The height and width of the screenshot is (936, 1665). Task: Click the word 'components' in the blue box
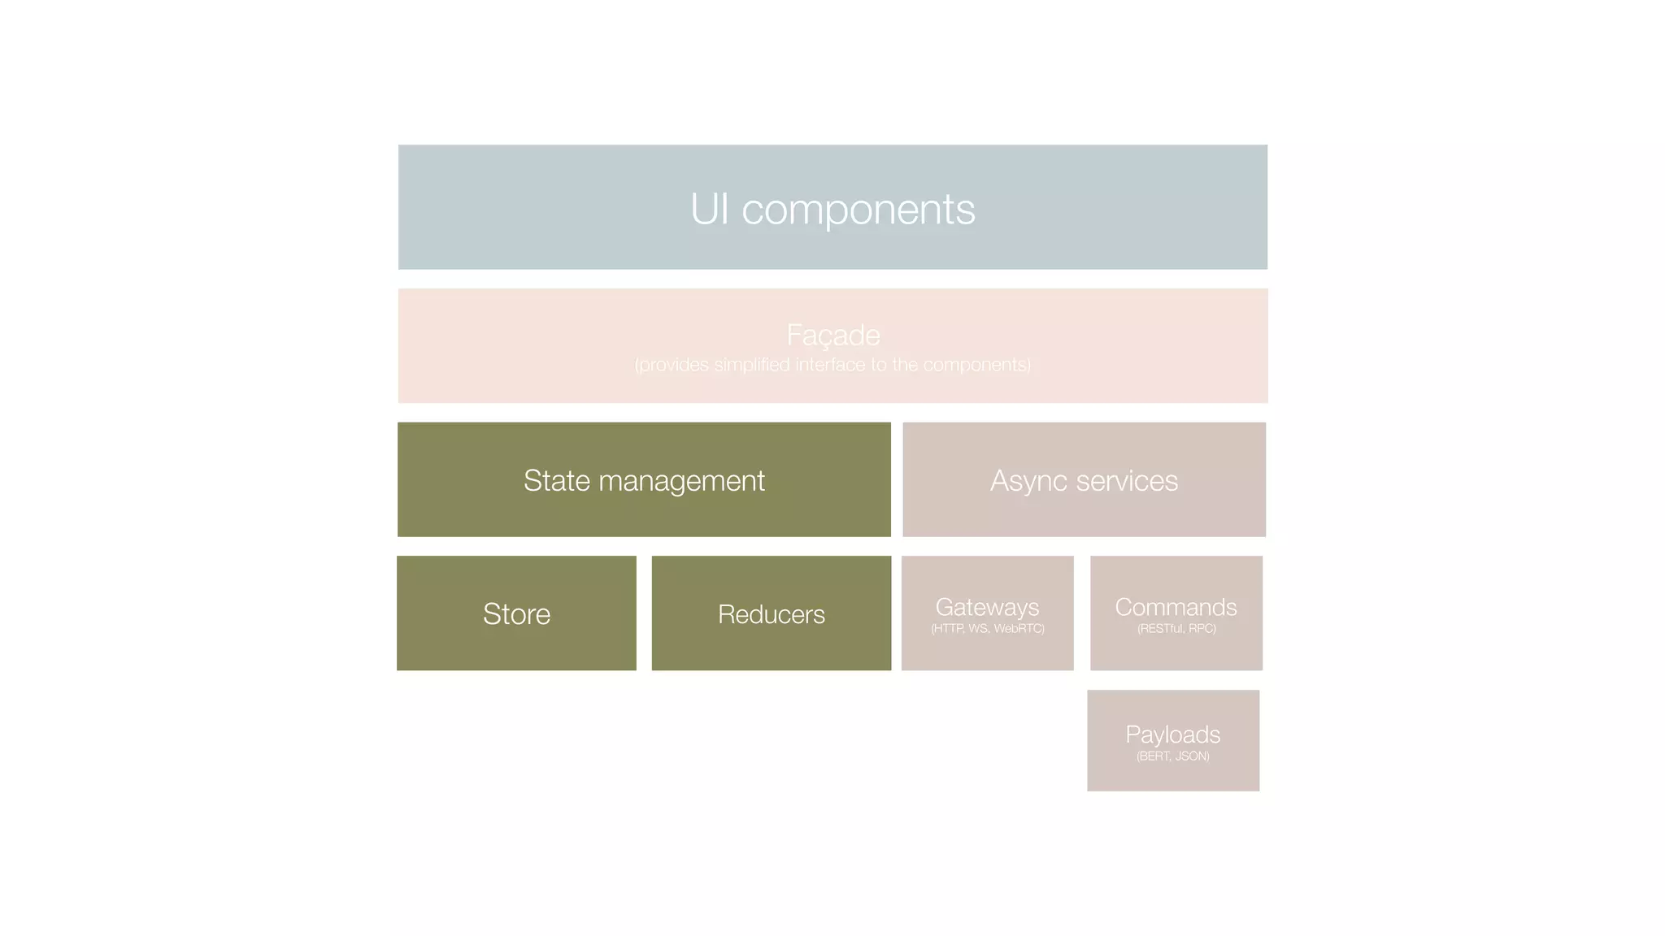858,210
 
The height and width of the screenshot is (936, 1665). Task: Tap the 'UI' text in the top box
709,209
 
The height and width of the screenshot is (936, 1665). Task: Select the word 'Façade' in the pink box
832,335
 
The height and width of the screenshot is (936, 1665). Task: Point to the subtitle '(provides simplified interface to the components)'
832,365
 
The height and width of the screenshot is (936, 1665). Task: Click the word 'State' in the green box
556,480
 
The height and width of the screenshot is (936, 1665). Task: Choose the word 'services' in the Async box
1127,480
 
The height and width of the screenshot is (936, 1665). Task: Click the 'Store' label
516,613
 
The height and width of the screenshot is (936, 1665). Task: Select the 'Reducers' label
771,614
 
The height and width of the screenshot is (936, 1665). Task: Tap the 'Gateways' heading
987,607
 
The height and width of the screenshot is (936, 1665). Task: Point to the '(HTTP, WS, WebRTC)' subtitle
987,629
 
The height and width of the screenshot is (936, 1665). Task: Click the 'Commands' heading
1176,607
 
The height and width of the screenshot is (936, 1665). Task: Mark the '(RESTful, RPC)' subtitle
1176,629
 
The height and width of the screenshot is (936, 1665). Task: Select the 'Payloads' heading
1172,734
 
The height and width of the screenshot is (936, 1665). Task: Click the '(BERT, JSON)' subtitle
1172,756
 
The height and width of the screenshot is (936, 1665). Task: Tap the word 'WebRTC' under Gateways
1018,629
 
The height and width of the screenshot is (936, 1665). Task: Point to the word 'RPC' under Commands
1201,629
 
